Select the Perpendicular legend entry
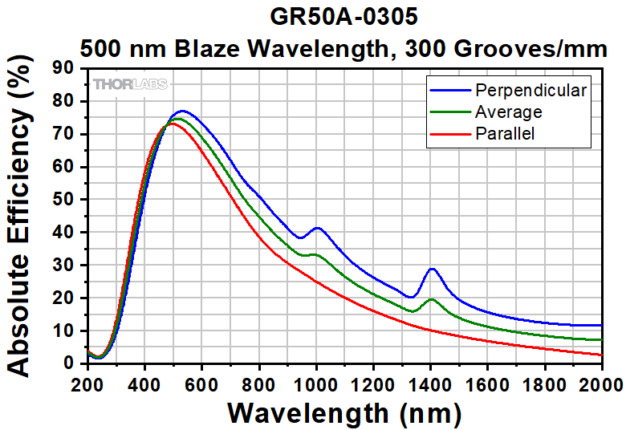click(530, 90)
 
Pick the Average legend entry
click(508, 112)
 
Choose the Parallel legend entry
click(505, 133)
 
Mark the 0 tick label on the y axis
click(72, 363)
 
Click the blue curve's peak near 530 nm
click(182, 111)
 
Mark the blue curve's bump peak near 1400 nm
click(432, 269)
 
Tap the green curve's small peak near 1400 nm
click(432, 299)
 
